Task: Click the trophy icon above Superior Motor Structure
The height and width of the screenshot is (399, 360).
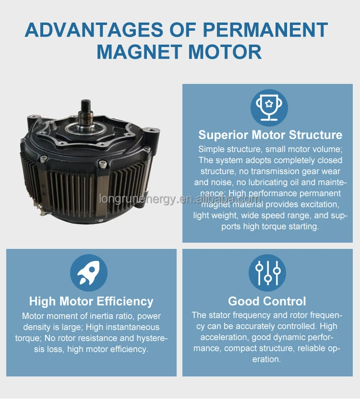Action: (269, 107)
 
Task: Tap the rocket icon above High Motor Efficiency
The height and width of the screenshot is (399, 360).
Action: (89, 272)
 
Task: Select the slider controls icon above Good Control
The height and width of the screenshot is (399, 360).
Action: (267, 272)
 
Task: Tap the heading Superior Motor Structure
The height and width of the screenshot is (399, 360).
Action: (270, 135)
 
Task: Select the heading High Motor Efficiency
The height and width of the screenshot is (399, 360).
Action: (91, 302)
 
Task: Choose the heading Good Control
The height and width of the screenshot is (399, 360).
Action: (267, 302)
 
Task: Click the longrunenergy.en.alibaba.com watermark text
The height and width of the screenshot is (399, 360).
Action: (180, 199)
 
